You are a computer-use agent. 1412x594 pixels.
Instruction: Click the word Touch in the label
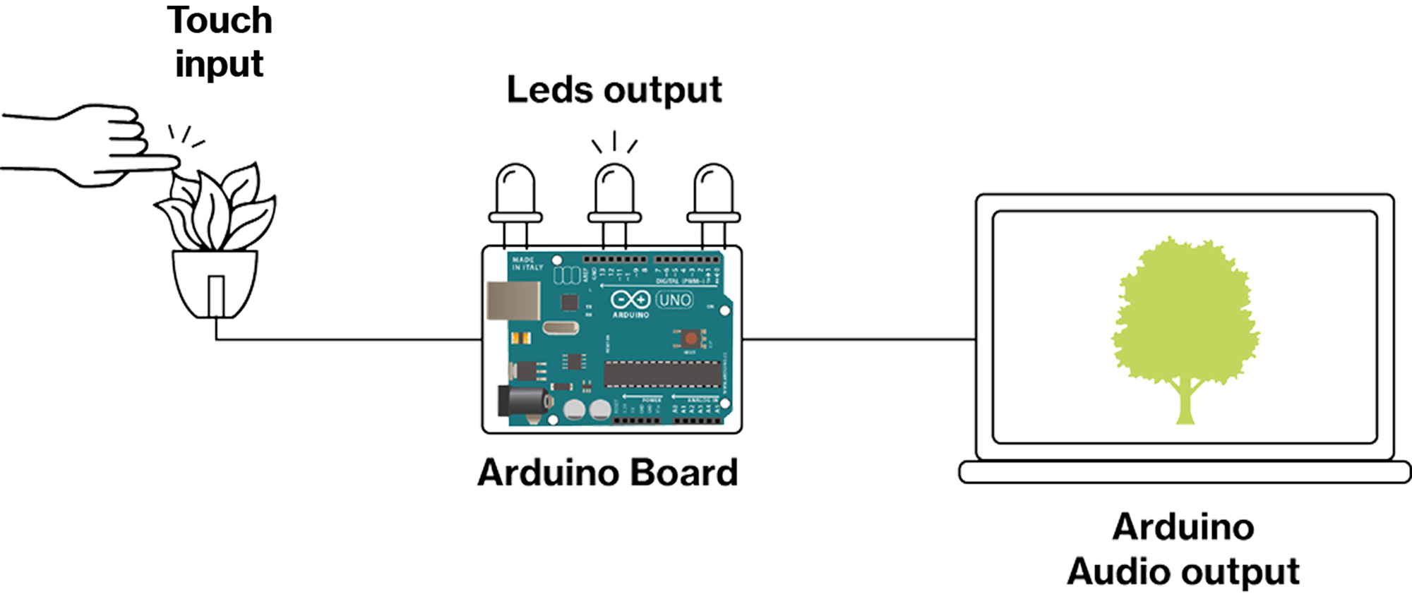220,21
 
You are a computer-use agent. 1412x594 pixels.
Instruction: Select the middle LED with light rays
614,194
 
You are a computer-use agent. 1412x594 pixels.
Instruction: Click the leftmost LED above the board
515,194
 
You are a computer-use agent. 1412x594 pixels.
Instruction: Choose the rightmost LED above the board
713,194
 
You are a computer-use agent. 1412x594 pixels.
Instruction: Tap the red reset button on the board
690,339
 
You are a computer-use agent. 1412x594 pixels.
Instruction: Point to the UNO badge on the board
675,300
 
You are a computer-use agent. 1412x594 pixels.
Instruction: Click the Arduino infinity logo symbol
630,300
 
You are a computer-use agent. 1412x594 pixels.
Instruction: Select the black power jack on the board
522,401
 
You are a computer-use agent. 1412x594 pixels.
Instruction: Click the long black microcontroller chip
662,374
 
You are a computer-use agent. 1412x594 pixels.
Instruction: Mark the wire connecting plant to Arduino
346,339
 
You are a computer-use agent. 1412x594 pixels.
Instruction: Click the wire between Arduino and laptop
858,339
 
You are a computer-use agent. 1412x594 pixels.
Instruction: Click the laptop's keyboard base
1185,472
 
